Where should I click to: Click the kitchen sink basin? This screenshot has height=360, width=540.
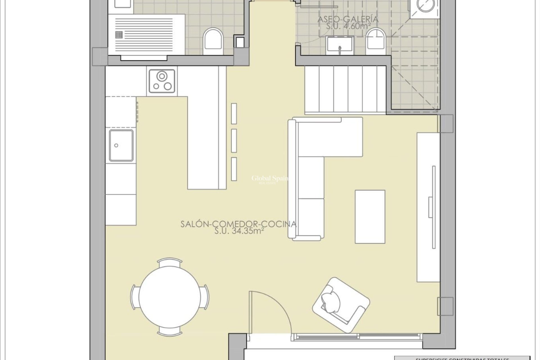121,145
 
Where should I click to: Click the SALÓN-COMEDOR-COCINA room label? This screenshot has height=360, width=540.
238,224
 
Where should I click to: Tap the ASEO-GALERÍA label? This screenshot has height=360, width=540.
348,19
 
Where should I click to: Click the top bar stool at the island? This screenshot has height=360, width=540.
234,114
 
